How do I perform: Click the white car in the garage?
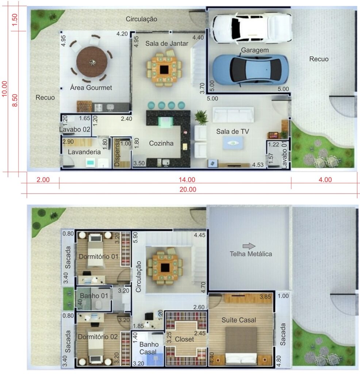click(252, 28)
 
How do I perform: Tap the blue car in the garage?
click(250, 70)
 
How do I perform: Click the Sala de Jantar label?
click(166, 44)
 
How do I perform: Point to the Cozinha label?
click(161, 143)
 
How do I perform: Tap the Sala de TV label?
click(233, 131)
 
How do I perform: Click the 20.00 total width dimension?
click(188, 190)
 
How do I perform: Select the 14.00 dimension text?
click(187, 180)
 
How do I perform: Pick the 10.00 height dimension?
click(4, 89)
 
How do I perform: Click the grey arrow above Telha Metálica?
click(249, 246)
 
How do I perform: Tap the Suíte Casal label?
click(239, 320)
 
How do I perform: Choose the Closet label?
click(184, 339)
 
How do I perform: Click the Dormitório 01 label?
click(99, 257)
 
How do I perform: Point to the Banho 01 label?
click(94, 296)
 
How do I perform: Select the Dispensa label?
click(117, 153)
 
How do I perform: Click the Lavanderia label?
click(84, 152)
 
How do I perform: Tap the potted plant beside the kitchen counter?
click(201, 117)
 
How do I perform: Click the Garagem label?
click(255, 50)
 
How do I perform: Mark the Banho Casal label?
click(148, 348)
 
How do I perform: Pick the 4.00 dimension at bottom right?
click(325, 180)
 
